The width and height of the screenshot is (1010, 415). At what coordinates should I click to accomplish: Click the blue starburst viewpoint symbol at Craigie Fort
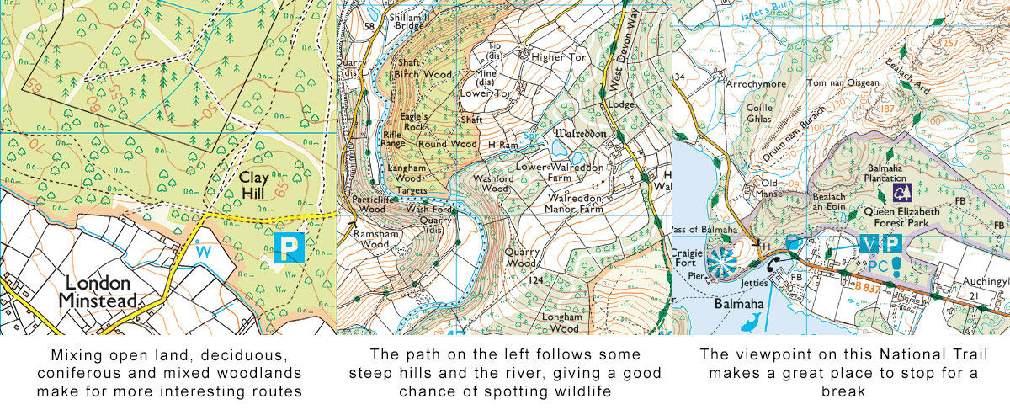(x=721, y=263)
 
